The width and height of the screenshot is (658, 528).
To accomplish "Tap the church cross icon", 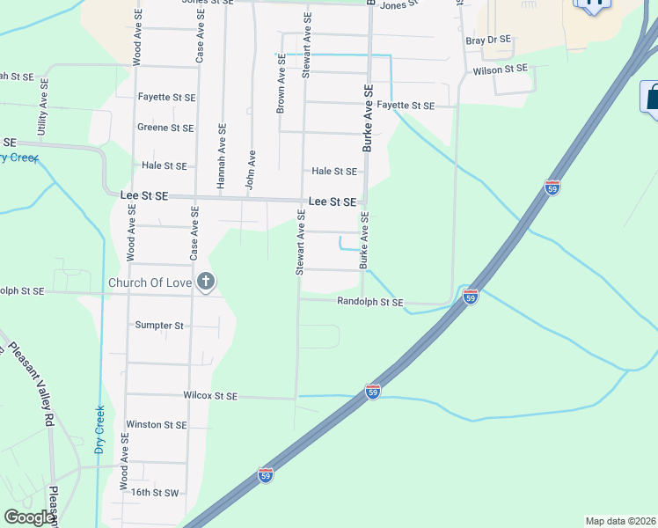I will click(205, 282).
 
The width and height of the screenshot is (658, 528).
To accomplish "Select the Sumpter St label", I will click(159, 325).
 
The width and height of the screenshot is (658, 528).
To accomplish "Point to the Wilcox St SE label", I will click(211, 396).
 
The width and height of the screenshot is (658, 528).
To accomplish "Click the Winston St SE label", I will click(157, 424).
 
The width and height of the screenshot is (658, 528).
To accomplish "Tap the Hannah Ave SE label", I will click(221, 156).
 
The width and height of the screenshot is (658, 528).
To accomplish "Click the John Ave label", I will click(250, 170).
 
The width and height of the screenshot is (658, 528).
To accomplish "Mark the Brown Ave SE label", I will click(281, 86).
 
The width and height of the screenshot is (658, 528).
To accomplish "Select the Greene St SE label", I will click(165, 128).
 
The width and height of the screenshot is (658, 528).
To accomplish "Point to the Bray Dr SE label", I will click(488, 40).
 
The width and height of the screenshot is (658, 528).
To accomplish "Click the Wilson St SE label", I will click(500, 69).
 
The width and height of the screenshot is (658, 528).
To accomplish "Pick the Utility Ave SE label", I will click(42, 106).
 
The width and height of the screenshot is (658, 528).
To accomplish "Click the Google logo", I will click(29, 517).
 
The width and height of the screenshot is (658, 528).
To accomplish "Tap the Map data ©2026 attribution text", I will click(620, 521).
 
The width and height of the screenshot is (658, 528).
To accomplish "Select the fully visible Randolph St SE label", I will click(370, 302).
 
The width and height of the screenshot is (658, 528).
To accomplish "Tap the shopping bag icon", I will click(651, 97).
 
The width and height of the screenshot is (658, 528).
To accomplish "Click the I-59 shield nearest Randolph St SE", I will click(471, 297).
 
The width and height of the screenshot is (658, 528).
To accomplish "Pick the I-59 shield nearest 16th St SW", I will click(267, 475).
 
